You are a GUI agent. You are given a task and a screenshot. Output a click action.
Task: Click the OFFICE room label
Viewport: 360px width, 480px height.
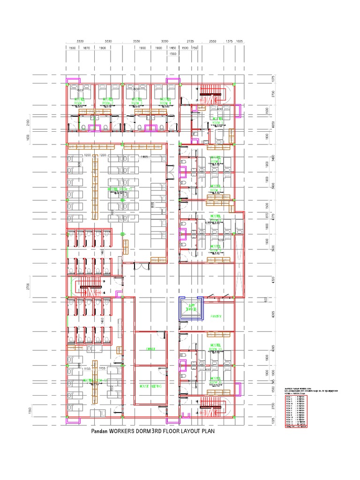(x=150, y=349)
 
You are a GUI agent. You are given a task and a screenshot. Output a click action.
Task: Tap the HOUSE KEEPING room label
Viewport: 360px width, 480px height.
(x=150, y=386)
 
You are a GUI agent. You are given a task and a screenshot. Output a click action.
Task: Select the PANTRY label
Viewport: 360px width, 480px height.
(x=216, y=316)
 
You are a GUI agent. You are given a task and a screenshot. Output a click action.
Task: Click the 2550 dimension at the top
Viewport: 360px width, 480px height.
(x=212, y=41)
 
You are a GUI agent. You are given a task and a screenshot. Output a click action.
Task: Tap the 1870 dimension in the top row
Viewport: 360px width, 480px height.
(x=86, y=48)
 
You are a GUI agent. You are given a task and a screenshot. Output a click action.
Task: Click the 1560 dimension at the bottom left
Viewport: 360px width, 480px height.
(x=29, y=411)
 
